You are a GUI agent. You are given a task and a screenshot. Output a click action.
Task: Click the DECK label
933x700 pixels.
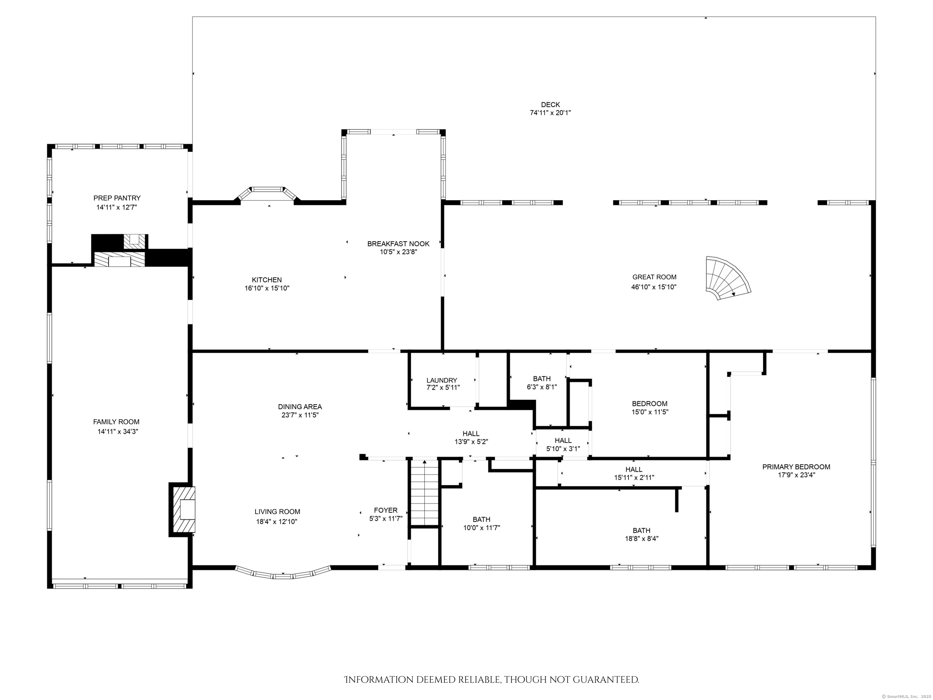pos(550,105)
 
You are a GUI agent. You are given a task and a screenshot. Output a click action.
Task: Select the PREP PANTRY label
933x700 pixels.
pos(117,198)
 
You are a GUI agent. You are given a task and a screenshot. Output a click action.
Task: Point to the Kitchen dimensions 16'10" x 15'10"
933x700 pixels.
pos(267,288)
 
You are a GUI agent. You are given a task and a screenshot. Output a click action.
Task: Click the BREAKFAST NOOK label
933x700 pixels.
pos(398,243)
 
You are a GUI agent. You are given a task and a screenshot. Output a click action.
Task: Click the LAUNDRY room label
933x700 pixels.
pos(441,380)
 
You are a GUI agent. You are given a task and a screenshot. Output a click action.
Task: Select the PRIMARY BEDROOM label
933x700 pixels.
pos(796,467)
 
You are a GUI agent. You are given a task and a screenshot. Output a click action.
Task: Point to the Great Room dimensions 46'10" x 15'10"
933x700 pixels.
pos(654,287)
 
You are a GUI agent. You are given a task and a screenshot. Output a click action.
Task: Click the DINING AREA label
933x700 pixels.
pos(299,407)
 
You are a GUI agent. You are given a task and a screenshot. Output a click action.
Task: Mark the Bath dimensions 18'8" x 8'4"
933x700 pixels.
pos(641,538)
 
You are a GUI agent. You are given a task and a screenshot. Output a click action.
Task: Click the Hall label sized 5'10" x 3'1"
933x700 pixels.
pos(563,441)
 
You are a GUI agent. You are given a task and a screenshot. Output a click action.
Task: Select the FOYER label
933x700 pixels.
pos(385,510)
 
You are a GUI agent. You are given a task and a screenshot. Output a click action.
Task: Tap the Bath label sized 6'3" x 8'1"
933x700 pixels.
pos(542,379)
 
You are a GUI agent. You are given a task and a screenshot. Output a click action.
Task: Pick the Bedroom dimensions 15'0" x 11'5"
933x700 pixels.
pos(650,412)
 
